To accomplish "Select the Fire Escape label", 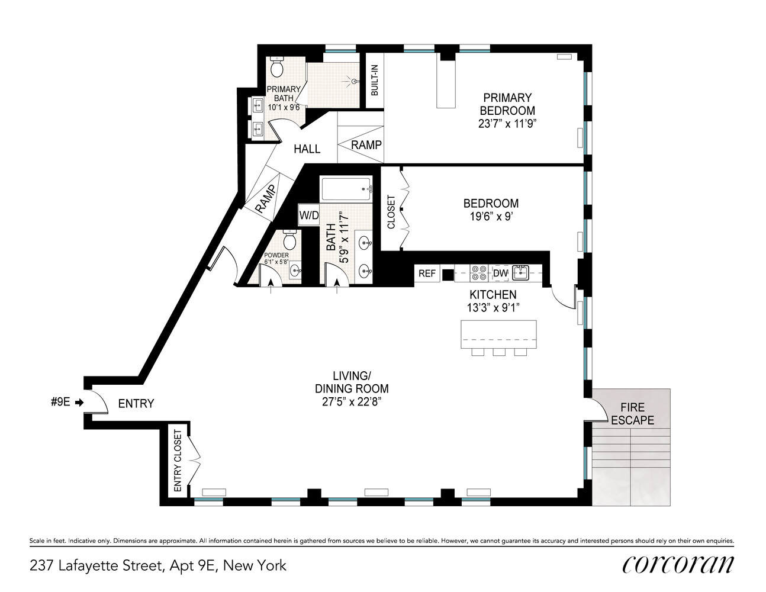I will pyautogui.click(x=632, y=414).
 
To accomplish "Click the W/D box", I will pyautogui.click(x=308, y=214).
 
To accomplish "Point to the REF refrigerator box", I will pyautogui.click(x=427, y=273).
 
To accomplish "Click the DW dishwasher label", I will pyautogui.click(x=500, y=273).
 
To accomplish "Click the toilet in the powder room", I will pyautogui.click(x=289, y=241).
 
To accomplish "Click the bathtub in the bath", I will pyautogui.click(x=346, y=189).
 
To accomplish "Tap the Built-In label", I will pyautogui.click(x=374, y=81).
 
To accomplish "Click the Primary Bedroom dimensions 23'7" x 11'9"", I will pyautogui.click(x=507, y=123).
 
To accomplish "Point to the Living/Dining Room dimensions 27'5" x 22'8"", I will pyautogui.click(x=352, y=401).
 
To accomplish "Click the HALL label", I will pyautogui.click(x=307, y=149).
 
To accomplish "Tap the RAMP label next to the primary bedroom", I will pyautogui.click(x=366, y=144).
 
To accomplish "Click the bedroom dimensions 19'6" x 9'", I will pyautogui.click(x=491, y=217).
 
